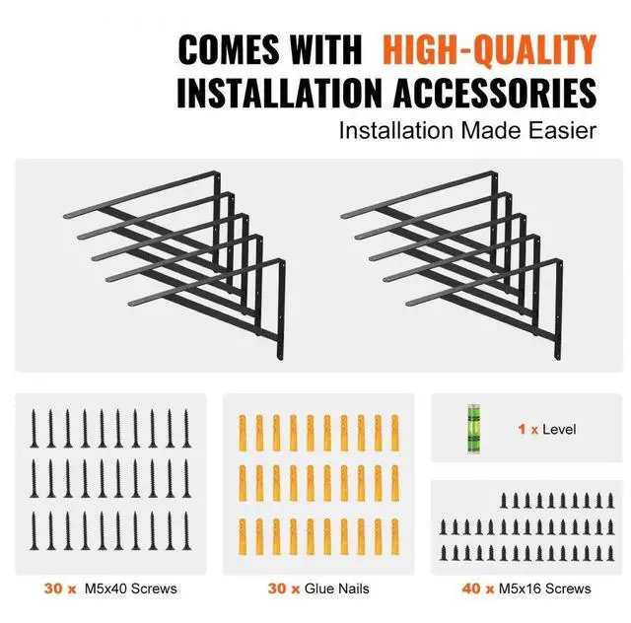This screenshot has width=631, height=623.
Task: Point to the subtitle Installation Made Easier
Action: pos(468,130)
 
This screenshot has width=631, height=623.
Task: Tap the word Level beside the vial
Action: pos(559,430)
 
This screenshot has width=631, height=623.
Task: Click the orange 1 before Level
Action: pos(522,430)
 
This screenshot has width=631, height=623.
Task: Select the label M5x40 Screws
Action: pos(129,588)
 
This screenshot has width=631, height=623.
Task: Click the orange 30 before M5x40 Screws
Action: pos(54,588)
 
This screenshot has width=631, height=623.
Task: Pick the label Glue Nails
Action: pos(337,588)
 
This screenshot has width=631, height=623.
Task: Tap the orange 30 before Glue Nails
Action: pos(277,588)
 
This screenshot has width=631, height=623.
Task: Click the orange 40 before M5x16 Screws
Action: pos(471,588)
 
